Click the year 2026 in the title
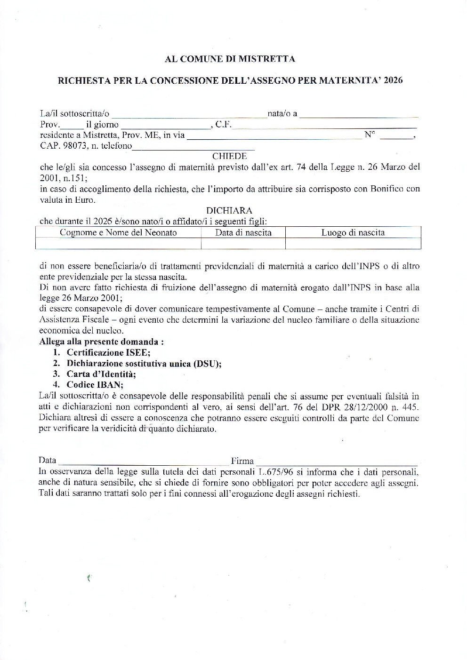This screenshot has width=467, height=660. [393, 80]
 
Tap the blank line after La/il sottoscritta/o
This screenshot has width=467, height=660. [188, 114]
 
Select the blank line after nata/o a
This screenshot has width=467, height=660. [359, 114]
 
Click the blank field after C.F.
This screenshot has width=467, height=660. [325, 126]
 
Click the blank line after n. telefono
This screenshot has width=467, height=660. [193, 147]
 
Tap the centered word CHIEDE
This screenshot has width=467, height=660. [229, 156]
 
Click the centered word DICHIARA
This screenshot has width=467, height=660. [229, 211]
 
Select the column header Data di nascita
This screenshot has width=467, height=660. [243, 232]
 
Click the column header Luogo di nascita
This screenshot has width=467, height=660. [353, 232]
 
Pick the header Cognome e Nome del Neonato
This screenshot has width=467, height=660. [118, 232]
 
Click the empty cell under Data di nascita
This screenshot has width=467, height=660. [243, 244]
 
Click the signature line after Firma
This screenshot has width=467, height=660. [337, 462]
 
